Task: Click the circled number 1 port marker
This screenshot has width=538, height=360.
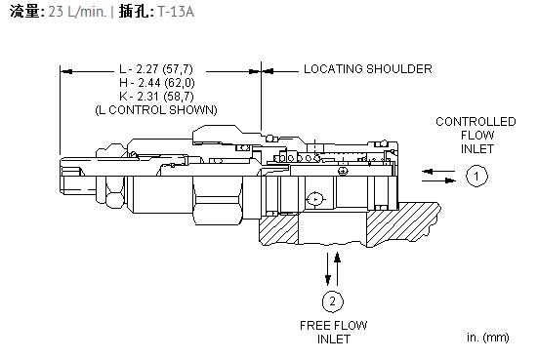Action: [476, 176]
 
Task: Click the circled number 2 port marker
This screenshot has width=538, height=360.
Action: [333, 301]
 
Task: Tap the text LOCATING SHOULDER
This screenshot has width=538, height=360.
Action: [368, 69]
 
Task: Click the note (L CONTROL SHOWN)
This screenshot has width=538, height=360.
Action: [156, 110]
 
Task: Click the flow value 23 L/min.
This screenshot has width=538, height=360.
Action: [77, 12]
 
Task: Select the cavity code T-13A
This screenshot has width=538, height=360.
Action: [176, 12]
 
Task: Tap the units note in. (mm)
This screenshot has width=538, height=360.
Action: [487, 338]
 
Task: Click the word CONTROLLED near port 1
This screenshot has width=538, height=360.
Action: [476, 122]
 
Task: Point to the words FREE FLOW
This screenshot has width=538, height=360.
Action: [334, 326]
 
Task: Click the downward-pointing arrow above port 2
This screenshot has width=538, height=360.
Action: [328, 269]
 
